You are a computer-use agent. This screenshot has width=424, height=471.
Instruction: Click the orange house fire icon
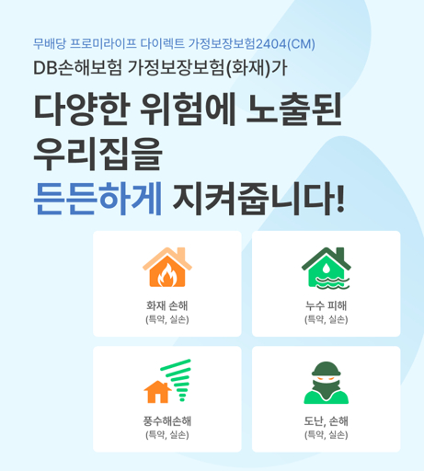167,267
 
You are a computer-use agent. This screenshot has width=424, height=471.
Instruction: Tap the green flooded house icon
326,267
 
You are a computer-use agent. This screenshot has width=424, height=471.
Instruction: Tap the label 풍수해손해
167,420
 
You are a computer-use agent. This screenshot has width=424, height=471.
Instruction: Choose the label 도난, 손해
326,420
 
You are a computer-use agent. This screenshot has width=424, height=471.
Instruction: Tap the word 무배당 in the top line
48,43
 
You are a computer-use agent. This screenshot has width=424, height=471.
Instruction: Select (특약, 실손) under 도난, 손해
326,435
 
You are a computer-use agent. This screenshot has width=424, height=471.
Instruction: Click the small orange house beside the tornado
157,392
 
